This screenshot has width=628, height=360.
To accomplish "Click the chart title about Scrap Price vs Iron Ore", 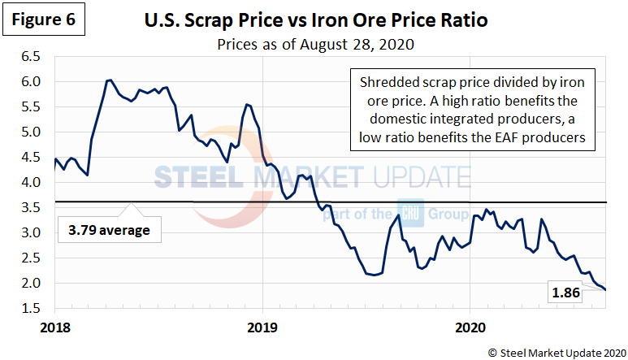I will tap(317, 18).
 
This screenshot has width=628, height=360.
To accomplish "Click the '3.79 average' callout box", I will tap(110, 231).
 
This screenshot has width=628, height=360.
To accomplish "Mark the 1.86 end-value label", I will tap(565, 293).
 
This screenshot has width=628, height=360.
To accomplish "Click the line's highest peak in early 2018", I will tap(108, 80).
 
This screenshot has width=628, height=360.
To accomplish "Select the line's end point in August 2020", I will tap(605, 290).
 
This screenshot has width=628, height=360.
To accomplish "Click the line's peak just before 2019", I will tap(246, 104).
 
